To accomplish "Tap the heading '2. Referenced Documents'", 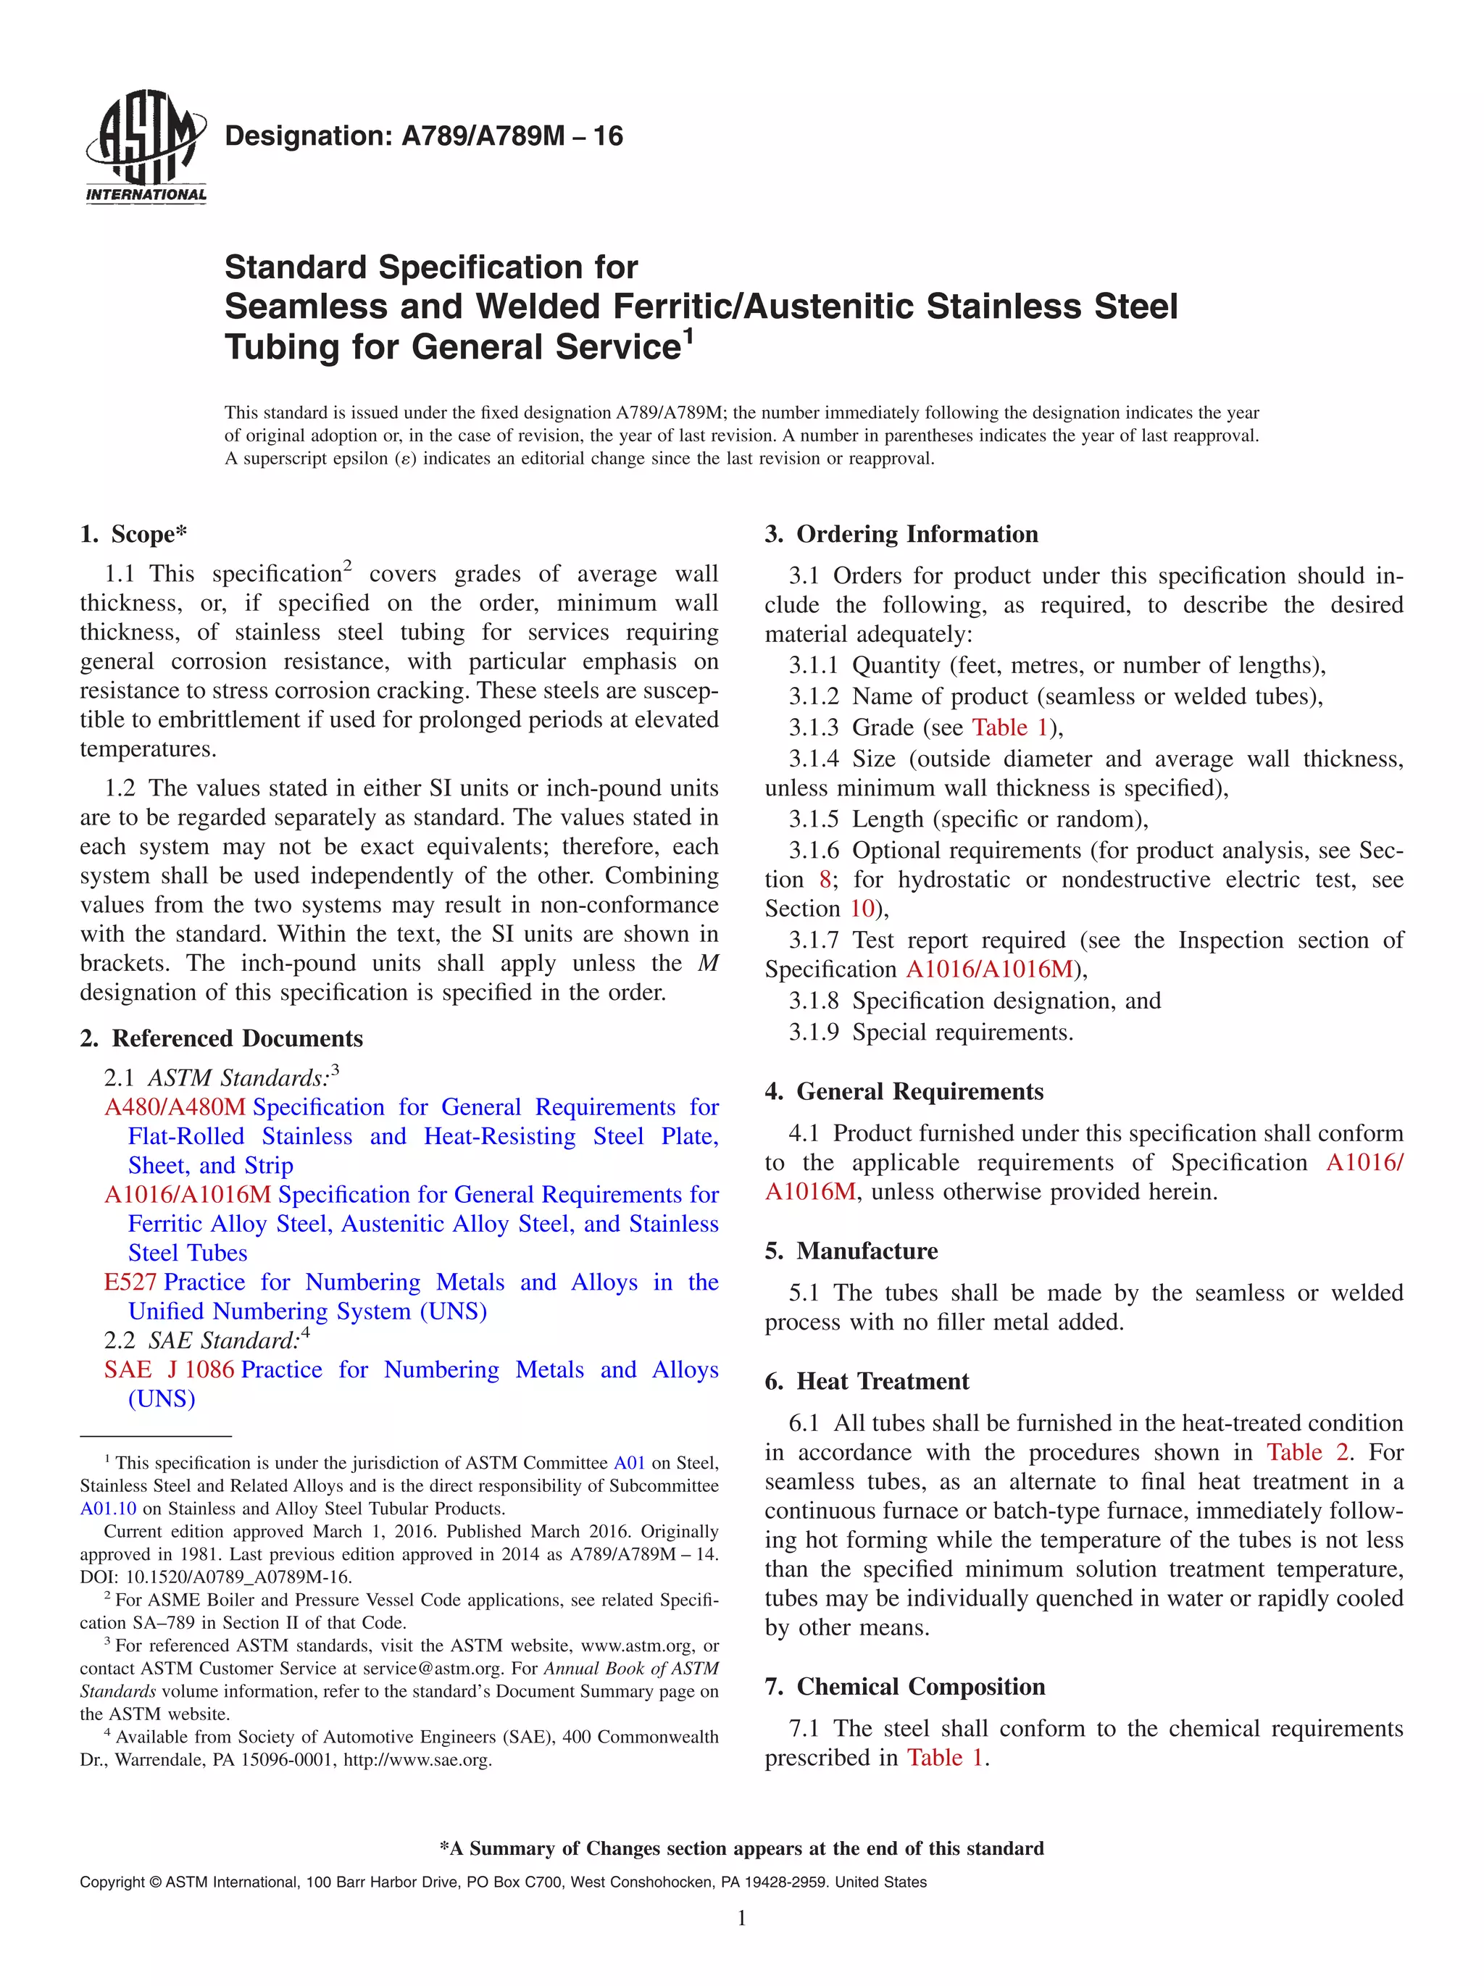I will click(x=221, y=1039).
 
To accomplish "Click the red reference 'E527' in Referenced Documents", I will click(x=130, y=1283).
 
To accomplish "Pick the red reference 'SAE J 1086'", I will click(x=169, y=1370).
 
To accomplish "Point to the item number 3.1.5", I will click(x=813, y=819).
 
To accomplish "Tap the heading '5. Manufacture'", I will click(x=851, y=1251).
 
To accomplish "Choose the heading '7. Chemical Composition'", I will click(x=904, y=1687).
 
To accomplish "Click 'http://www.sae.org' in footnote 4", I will click(x=417, y=1760).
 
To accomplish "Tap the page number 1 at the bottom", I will click(x=741, y=1919).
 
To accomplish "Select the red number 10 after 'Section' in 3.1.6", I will click(x=862, y=909).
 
